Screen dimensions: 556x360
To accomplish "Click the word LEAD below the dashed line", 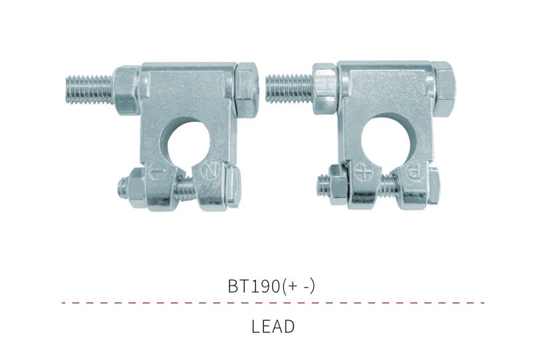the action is point(273,327).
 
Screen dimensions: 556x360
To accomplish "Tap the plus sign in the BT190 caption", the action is point(293,286).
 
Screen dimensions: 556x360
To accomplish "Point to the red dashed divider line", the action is point(273,303).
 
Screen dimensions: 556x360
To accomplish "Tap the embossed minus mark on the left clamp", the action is point(157,172).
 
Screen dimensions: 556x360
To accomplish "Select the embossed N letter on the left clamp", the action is point(209,171).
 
